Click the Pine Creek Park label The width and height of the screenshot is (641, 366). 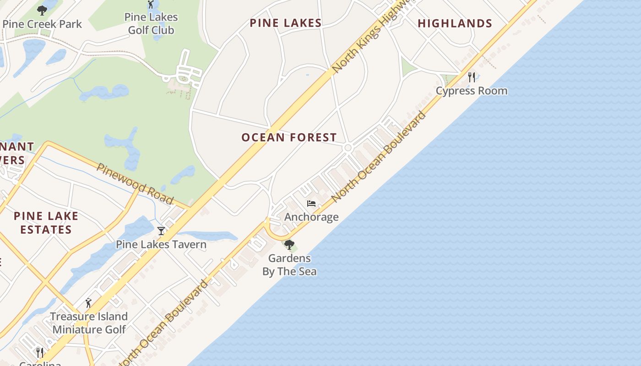42,24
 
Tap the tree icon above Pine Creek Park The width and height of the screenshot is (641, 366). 42,10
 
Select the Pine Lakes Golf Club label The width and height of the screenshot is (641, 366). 151,24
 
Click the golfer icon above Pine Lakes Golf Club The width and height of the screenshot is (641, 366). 151,5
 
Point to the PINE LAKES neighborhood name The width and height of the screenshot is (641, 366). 286,23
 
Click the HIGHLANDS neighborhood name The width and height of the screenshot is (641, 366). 455,23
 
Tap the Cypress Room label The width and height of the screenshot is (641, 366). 472,91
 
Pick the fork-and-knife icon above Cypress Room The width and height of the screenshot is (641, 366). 472,77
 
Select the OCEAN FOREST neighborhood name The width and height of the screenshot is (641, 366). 289,137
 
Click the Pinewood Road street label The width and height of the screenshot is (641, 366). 135,183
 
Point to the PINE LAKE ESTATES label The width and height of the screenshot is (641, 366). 46,222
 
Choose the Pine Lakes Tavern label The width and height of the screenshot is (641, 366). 161,244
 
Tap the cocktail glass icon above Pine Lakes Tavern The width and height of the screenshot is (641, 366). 161,231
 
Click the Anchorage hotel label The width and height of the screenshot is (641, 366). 311,217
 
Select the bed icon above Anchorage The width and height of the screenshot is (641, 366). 311,204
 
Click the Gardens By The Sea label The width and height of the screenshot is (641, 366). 289,264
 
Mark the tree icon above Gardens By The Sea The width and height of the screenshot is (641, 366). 289,245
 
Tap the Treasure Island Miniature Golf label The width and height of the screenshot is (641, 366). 89,323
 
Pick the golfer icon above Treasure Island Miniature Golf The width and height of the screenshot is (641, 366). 88,303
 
